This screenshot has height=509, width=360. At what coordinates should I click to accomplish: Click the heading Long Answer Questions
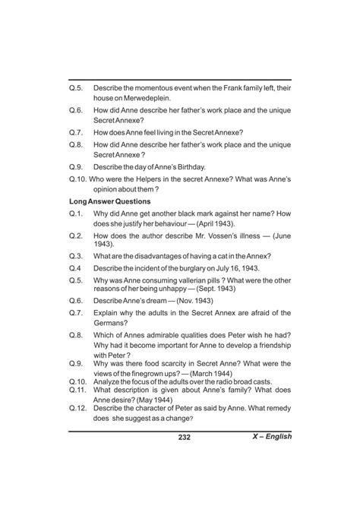[x=109, y=201]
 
